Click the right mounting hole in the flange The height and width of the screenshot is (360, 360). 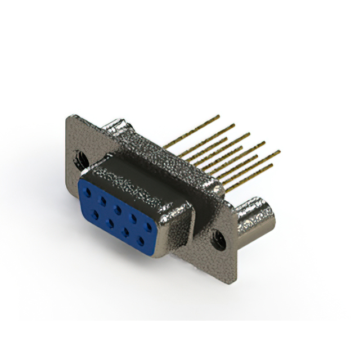[218, 241]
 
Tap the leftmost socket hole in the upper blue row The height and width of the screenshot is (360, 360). [88, 192]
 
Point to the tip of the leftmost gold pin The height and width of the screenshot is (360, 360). [218, 116]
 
